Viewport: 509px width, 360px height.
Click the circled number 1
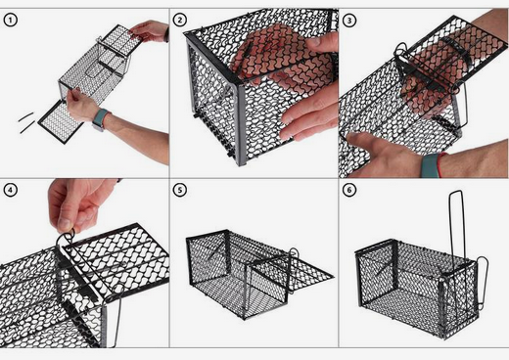(11, 21)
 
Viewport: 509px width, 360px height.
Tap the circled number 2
(180, 21)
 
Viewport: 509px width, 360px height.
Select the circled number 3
(349, 21)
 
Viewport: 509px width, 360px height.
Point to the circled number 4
(11, 190)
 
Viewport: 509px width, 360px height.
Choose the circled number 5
(180, 190)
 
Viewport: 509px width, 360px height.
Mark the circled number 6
(349, 190)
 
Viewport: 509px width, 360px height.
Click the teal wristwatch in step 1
(101, 119)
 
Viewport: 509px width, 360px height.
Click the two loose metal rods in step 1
(26, 122)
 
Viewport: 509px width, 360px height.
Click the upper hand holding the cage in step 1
(149, 31)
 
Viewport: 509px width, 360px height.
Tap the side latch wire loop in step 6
(483, 282)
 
